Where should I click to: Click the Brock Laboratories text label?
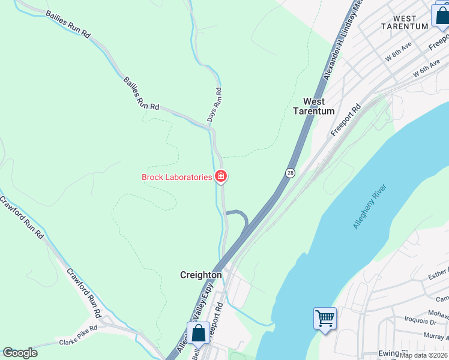pos(177,177)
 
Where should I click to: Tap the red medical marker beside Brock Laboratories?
pos(221,176)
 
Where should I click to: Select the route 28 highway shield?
pos(291,173)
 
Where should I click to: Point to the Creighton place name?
pos(201,275)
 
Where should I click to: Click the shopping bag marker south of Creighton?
pos(198,333)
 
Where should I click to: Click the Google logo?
pos(20,353)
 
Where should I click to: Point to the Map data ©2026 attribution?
pos(424,355)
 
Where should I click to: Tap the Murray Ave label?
pos(436,336)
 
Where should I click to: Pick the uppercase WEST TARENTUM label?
pos(406,22)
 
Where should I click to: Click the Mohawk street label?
pos(439,313)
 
